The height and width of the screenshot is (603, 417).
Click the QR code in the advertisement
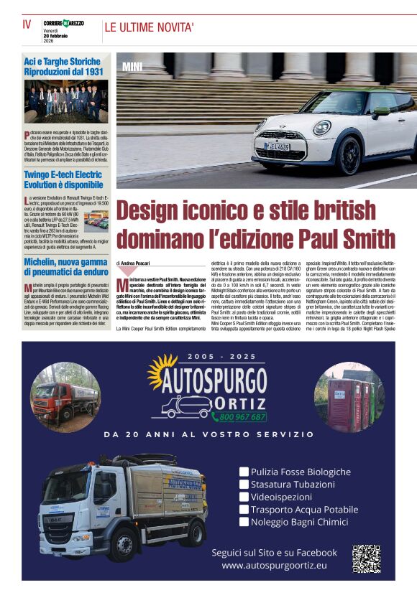(366, 558)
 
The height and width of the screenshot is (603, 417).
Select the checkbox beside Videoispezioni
(244, 497)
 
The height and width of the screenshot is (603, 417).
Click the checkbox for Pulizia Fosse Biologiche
(244, 472)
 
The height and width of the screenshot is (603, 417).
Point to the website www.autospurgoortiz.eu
(274, 566)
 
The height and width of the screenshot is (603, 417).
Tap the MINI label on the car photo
(132, 67)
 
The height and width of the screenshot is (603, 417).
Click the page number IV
(27, 24)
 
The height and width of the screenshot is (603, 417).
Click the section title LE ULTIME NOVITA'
(150, 28)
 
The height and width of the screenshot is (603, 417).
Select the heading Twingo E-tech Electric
(63, 174)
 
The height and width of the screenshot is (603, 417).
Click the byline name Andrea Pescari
(137, 264)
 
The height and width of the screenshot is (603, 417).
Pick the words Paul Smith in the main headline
(347, 238)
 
